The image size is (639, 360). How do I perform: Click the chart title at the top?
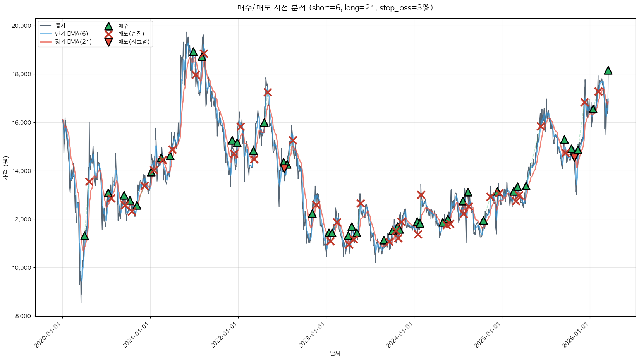335,8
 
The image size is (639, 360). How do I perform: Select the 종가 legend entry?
60,26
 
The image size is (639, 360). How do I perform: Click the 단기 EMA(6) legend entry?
72,34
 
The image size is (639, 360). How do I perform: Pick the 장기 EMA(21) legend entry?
74,42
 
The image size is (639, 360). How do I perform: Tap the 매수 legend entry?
123,26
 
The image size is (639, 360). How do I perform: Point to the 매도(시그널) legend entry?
134,42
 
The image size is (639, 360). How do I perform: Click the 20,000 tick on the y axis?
21,26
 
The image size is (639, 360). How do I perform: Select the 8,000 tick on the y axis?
23,316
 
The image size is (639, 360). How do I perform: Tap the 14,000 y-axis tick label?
21,171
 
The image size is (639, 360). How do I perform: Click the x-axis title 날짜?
335,353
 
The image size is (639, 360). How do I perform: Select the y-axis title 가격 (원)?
5,168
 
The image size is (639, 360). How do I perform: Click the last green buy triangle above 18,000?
608,70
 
